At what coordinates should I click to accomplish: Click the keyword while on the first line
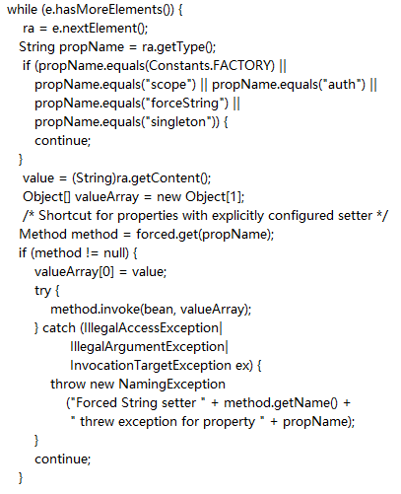(22, 10)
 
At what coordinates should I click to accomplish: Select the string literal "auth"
(342, 85)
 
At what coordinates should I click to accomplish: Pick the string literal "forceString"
(187, 104)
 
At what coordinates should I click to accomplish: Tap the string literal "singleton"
(180, 122)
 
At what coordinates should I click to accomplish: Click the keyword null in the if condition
(114, 253)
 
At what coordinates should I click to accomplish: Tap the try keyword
(42, 291)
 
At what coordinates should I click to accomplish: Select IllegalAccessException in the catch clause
(152, 328)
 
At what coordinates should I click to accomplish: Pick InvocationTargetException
(151, 366)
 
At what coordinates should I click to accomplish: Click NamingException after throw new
(171, 385)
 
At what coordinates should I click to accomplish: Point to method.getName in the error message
(276, 403)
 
